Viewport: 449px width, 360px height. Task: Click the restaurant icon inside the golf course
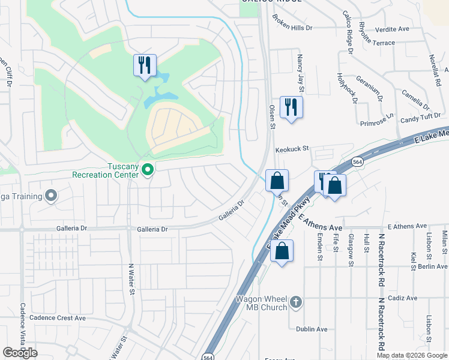pos(144,65)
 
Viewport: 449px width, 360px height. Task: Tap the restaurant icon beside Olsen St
pos(291,107)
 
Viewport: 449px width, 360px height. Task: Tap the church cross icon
pos(295,302)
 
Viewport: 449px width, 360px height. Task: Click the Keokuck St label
pos(292,149)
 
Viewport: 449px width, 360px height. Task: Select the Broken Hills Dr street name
pos(292,28)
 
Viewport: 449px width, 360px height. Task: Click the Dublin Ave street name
pos(312,329)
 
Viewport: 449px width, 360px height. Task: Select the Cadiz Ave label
pos(403,298)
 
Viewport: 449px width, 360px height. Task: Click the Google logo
pos(20,353)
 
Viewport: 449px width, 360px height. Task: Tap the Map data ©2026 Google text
pos(412,355)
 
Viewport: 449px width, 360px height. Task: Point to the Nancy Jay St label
pos(300,69)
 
